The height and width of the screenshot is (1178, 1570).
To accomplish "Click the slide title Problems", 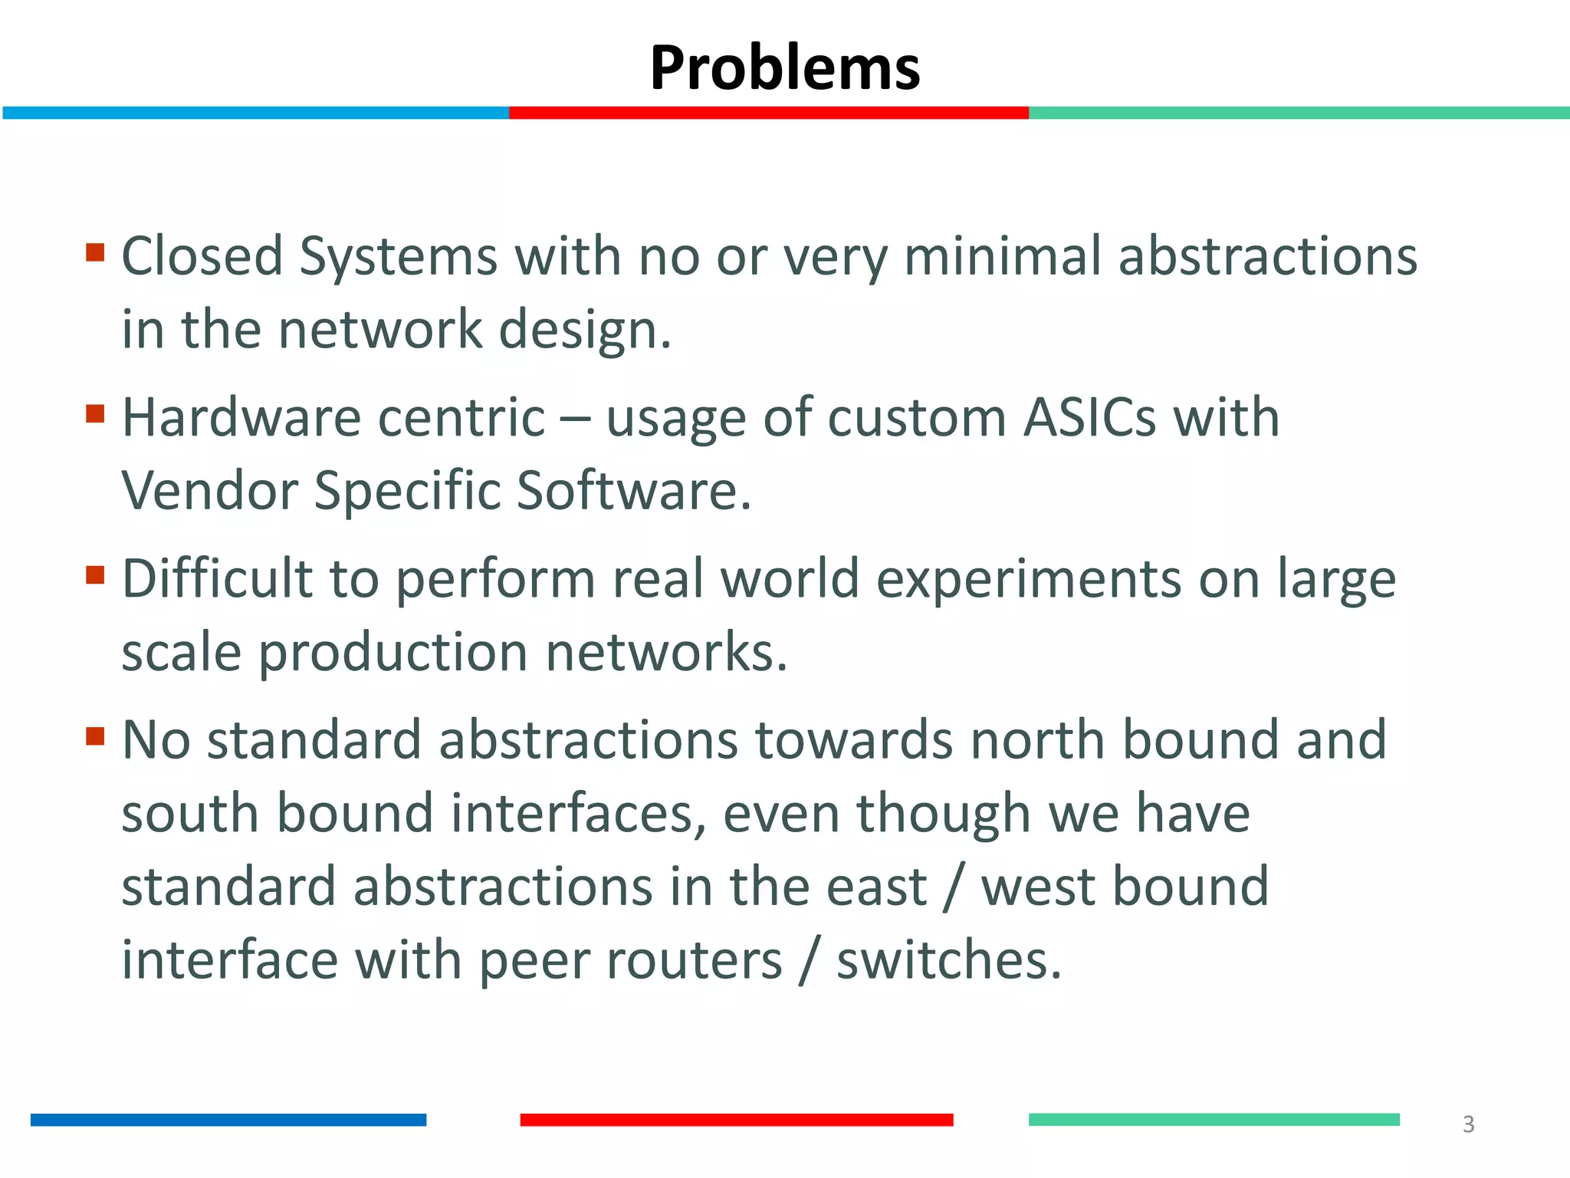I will click(x=784, y=67).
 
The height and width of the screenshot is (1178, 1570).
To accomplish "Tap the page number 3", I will click(x=1468, y=1124).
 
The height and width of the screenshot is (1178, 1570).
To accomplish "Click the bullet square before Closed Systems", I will click(x=95, y=252).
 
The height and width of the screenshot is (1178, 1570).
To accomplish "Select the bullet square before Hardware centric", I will click(x=95, y=414).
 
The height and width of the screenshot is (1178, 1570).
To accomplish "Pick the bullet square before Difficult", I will click(x=95, y=575).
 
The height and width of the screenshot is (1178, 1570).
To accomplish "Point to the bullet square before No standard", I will click(x=95, y=736).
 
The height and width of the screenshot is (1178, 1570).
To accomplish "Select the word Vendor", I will click(x=209, y=491).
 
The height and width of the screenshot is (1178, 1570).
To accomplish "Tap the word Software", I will click(x=633, y=491).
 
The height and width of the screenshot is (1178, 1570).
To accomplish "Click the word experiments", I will click(x=1029, y=579).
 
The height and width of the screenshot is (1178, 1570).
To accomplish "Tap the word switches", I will click(x=948, y=960).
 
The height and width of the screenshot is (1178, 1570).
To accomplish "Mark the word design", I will click(x=585, y=330).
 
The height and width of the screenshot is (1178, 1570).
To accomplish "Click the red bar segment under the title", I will click(x=768, y=113).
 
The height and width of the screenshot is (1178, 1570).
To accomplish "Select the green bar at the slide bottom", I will click(x=1214, y=1120).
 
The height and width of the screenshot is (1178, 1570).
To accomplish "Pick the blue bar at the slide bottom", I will click(x=228, y=1120).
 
